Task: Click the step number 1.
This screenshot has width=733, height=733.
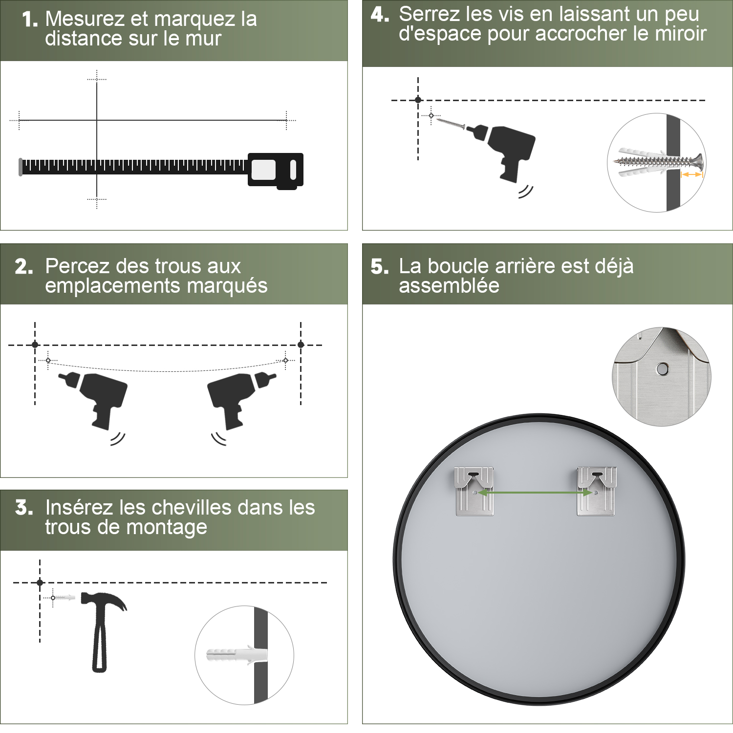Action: pos(30,20)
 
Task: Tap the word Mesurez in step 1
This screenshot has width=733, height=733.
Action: pos(86,19)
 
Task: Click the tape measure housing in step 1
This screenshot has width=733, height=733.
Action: pos(276,171)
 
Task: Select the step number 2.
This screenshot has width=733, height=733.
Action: pos(24,267)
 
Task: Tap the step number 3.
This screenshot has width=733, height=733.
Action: pos(24,508)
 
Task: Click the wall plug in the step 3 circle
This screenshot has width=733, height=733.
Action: pos(237,654)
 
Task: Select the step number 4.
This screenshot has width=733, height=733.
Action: pos(380,15)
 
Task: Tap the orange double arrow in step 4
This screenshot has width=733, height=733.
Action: pos(691,174)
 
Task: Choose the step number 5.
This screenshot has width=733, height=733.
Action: pos(380,267)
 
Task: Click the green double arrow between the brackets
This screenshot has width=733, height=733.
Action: pos(535,493)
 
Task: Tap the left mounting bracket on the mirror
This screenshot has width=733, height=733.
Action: pos(474,491)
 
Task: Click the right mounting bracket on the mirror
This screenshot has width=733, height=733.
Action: pos(597,491)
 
